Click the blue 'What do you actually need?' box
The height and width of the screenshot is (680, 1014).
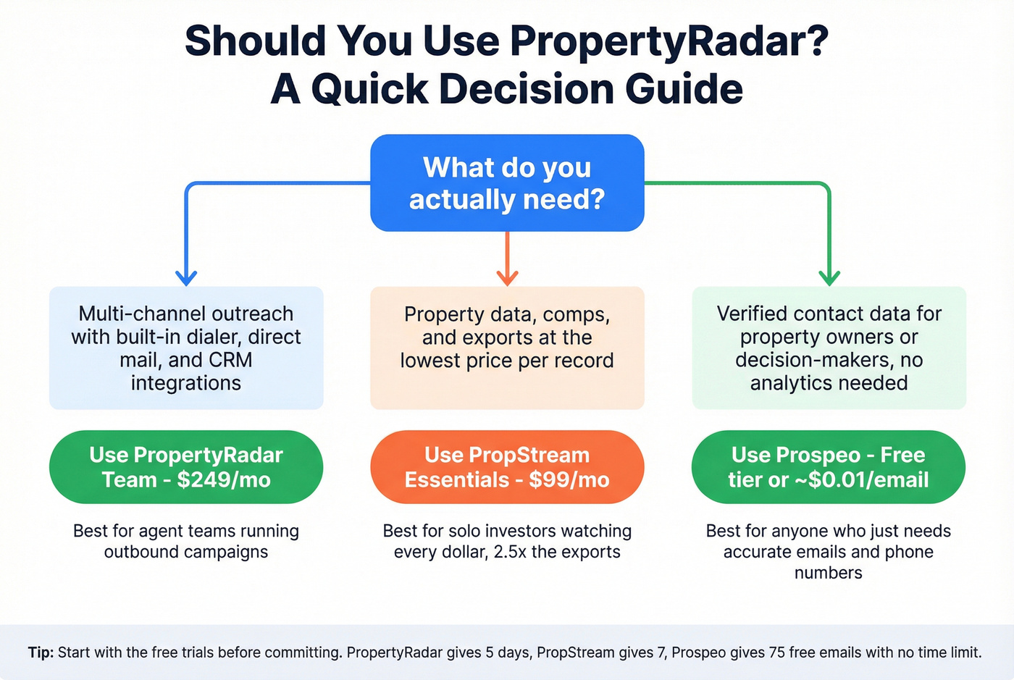tap(507, 183)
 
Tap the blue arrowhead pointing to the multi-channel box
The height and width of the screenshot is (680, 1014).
tap(186, 277)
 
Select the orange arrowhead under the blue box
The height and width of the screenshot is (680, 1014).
tap(507, 277)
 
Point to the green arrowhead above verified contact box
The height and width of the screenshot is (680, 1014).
tap(829, 277)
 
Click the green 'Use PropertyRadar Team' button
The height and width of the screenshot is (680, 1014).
tap(186, 467)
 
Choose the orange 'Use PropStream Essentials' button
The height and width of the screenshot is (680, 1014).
tap(507, 467)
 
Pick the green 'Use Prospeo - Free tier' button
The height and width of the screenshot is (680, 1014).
tap(829, 467)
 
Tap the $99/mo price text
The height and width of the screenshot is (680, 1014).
tap(569, 480)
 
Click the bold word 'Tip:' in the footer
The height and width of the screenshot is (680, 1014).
tap(41, 652)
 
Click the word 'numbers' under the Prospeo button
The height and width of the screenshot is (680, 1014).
tap(829, 573)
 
